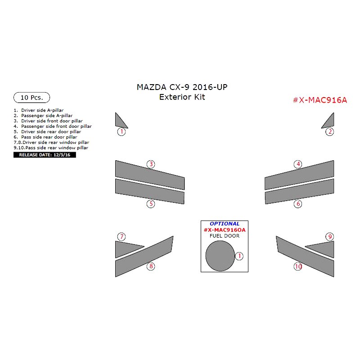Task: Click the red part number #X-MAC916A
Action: pyautogui.click(x=320, y=100)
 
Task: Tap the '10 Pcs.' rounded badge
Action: pyautogui.click(x=32, y=98)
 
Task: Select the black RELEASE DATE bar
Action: pyautogui.click(x=45, y=155)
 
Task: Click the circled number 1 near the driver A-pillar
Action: pyautogui.click(x=121, y=132)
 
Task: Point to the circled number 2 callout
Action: pyautogui.click(x=330, y=132)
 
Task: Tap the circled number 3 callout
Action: pyautogui.click(x=151, y=164)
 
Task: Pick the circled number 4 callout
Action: pyautogui.click(x=298, y=164)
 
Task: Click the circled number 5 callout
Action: pyautogui.click(x=151, y=204)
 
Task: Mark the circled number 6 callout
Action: pyautogui.click(x=298, y=204)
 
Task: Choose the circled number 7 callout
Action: pyautogui.click(x=121, y=237)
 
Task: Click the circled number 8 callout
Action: pyautogui.click(x=151, y=266)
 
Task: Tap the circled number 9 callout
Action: pyautogui.click(x=330, y=237)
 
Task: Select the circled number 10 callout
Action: pyautogui.click(x=298, y=266)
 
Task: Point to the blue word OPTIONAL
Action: pyautogui.click(x=225, y=224)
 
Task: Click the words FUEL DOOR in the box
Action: pyautogui.click(x=225, y=236)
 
